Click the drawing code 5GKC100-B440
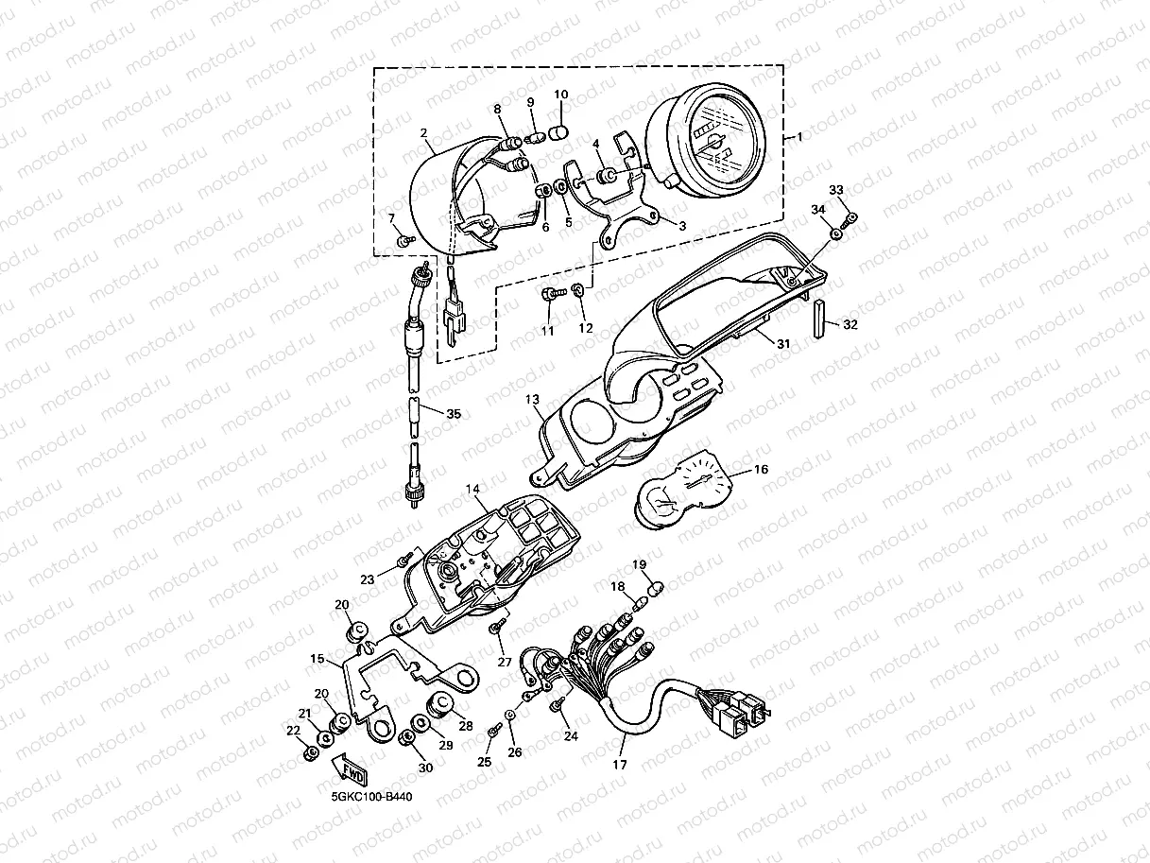[371, 797]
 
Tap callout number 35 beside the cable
[454, 414]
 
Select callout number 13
[532, 399]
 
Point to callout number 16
[761, 469]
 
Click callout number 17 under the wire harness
[620, 765]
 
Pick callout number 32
[850, 324]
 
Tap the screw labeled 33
[849, 219]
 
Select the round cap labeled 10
[560, 130]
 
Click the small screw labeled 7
[405, 241]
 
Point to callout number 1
[799, 137]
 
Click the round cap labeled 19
[656, 589]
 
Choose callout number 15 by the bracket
[318, 659]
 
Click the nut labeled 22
[310, 754]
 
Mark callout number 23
[368, 579]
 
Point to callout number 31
[783, 344]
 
